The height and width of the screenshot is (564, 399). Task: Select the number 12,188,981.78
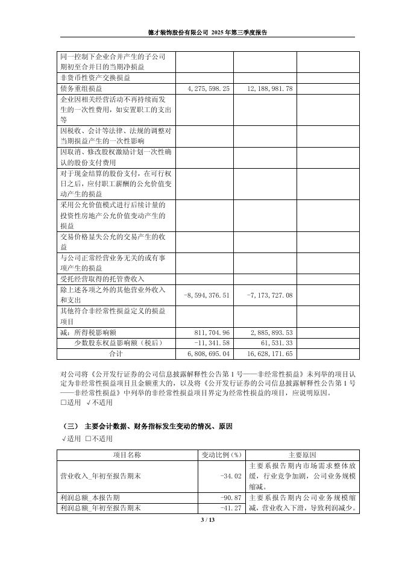pos(270,89)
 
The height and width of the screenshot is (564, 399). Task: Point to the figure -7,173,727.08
pos(270,295)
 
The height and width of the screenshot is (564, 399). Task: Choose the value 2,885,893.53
pos(271,333)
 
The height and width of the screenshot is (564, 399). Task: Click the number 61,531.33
pos(275,343)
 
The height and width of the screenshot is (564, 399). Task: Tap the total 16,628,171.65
pos(270,353)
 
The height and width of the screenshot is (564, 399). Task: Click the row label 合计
pos(115,353)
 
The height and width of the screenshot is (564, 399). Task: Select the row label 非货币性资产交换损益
pos(96,78)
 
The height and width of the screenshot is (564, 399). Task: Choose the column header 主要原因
pos(302,455)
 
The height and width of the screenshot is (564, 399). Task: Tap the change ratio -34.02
pos(231,476)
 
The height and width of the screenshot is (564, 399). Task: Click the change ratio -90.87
pos(231,498)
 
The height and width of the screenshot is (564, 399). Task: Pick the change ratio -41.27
pos(231,508)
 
